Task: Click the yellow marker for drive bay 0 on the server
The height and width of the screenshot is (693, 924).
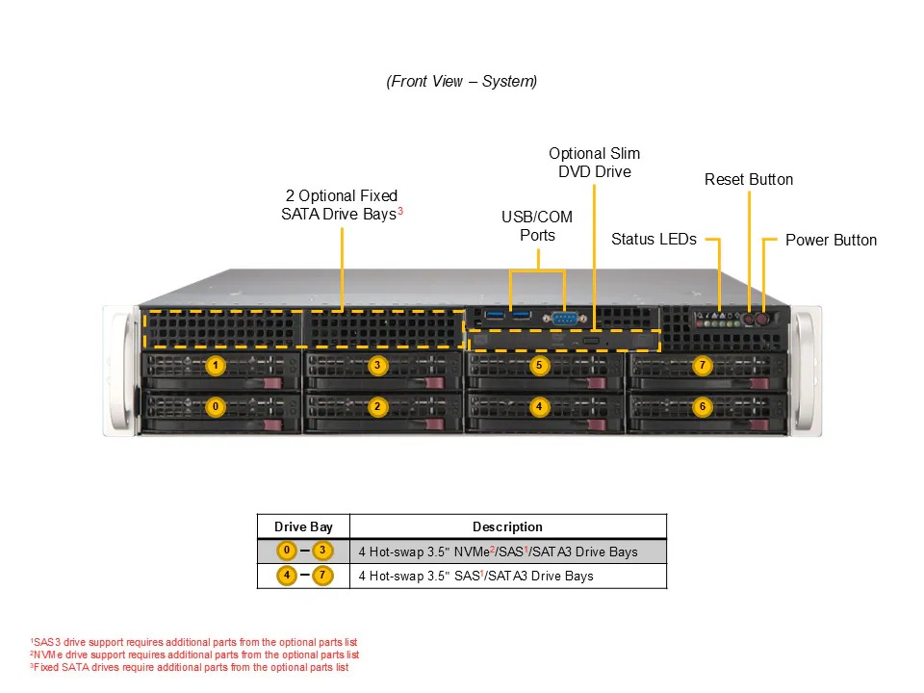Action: [x=216, y=406]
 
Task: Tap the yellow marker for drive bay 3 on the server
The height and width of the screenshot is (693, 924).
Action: [x=377, y=366]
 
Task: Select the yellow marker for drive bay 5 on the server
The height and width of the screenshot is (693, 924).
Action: [x=539, y=366]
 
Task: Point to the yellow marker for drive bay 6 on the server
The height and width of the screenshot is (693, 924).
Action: [x=702, y=406]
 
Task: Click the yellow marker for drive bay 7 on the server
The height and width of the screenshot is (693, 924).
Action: [x=702, y=366]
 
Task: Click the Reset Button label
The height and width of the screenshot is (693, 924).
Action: [x=749, y=179]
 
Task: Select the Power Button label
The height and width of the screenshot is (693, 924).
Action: [x=831, y=240]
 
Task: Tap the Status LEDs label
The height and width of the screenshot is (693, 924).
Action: [x=654, y=239]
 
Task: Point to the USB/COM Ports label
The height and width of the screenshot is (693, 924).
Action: [x=537, y=225]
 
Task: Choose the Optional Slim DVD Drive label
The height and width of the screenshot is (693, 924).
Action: [x=594, y=162]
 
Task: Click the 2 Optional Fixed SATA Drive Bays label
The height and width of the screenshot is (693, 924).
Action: [x=342, y=204]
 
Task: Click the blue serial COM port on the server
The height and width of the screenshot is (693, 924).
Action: [x=565, y=319]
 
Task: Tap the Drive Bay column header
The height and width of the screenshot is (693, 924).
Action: [x=303, y=526]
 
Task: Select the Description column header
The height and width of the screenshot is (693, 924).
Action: [x=507, y=526]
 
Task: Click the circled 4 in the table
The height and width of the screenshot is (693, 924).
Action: [x=287, y=576]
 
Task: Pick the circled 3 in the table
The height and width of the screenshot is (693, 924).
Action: [x=322, y=551]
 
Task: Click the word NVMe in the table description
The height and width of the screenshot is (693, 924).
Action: [x=473, y=552]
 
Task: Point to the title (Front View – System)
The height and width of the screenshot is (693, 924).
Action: [x=461, y=81]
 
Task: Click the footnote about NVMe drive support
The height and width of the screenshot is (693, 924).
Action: [x=194, y=654]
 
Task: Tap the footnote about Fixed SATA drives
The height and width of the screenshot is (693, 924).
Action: [x=190, y=667]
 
